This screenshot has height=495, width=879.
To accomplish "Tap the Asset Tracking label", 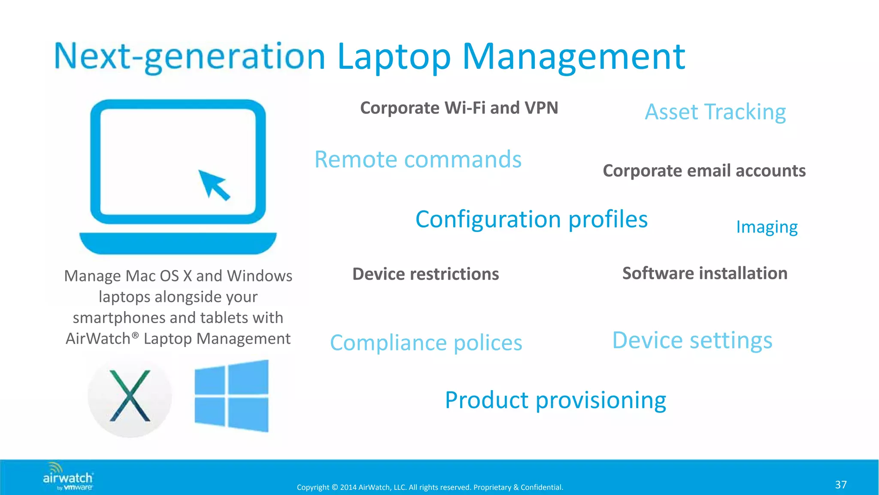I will (x=715, y=112).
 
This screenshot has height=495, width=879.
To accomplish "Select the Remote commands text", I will (x=418, y=159).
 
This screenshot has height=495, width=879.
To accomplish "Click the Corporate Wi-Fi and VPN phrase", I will (x=459, y=108).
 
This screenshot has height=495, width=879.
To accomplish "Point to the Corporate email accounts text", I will (x=704, y=171).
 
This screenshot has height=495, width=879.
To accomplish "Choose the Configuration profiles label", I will (x=531, y=220).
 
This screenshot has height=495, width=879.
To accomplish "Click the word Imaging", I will (x=767, y=227).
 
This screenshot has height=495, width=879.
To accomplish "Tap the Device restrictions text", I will (x=425, y=274).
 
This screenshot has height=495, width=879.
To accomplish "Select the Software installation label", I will (x=705, y=273).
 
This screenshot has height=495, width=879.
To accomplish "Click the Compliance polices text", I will (x=426, y=343).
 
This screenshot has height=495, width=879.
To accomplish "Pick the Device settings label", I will (x=692, y=340).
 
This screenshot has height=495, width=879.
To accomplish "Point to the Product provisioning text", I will (x=555, y=400).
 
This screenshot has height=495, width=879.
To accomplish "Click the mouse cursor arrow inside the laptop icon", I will (x=213, y=184).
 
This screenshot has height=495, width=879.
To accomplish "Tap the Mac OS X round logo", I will (x=130, y=396).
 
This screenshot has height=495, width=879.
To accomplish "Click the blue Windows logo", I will (x=232, y=396).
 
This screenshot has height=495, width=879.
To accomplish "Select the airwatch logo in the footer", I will (x=68, y=477).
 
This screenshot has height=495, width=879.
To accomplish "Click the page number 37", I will (x=840, y=485).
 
